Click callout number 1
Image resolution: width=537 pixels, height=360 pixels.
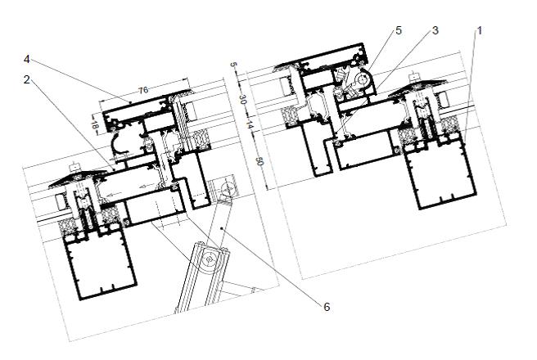pyautogui.click(x=480, y=31)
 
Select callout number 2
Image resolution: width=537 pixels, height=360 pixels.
pyautogui.click(x=27, y=79)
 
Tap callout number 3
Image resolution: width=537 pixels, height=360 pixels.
pyautogui.click(x=435, y=30)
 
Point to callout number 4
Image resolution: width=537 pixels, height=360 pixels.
pyautogui.click(x=27, y=60)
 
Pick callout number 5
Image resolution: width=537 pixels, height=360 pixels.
pyautogui.click(x=399, y=30)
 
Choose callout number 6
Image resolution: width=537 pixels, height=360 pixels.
pyautogui.click(x=327, y=307)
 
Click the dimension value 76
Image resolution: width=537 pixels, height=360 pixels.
pyautogui.click(x=143, y=90)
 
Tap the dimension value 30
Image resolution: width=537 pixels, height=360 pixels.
pyautogui.click(x=242, y=100)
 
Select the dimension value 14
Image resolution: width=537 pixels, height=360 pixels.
pyautogui.click(x=250, y=125)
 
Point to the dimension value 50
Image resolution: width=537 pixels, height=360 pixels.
pyautogui.click(x=259, y=161)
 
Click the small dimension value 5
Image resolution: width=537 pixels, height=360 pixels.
pyautogui.click(x=234, y=65)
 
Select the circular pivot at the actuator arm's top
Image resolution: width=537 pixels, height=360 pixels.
pyautogui.click(x=227, y=189)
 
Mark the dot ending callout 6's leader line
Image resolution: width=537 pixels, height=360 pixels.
pyautogui.click(x=223, y=228)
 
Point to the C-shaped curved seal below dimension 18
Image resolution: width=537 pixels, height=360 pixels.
pyautogui.click(x=118, y=145)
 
